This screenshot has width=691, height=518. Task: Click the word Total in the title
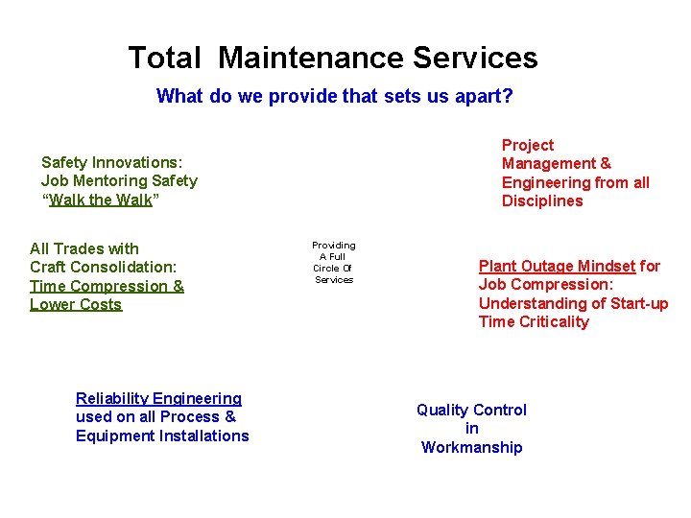click(x=164, y=59)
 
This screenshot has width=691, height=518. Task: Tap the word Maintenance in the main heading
click(x=311, y=59)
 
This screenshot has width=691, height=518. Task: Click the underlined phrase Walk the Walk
click(x=101, y=200)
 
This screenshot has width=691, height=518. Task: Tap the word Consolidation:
click(x=123, y=268)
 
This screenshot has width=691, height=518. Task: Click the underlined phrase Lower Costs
click(x=76, y=305)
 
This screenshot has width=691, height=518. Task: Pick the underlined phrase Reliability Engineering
click(x=158, y=398)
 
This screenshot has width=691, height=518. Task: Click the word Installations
click(x=204, y=436)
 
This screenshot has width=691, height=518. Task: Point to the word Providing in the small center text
click(x=333, y=246)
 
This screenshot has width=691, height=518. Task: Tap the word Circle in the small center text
click(x=325, y=269)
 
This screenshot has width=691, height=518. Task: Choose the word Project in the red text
click(x=528, y=145)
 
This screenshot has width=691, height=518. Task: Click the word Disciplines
click(x=542, y=201)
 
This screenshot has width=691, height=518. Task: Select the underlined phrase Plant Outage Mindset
click(x=557, y=266)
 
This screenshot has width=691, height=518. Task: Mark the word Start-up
click(x=636, y=303)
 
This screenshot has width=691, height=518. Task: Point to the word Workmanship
click(x=471, y=448)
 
